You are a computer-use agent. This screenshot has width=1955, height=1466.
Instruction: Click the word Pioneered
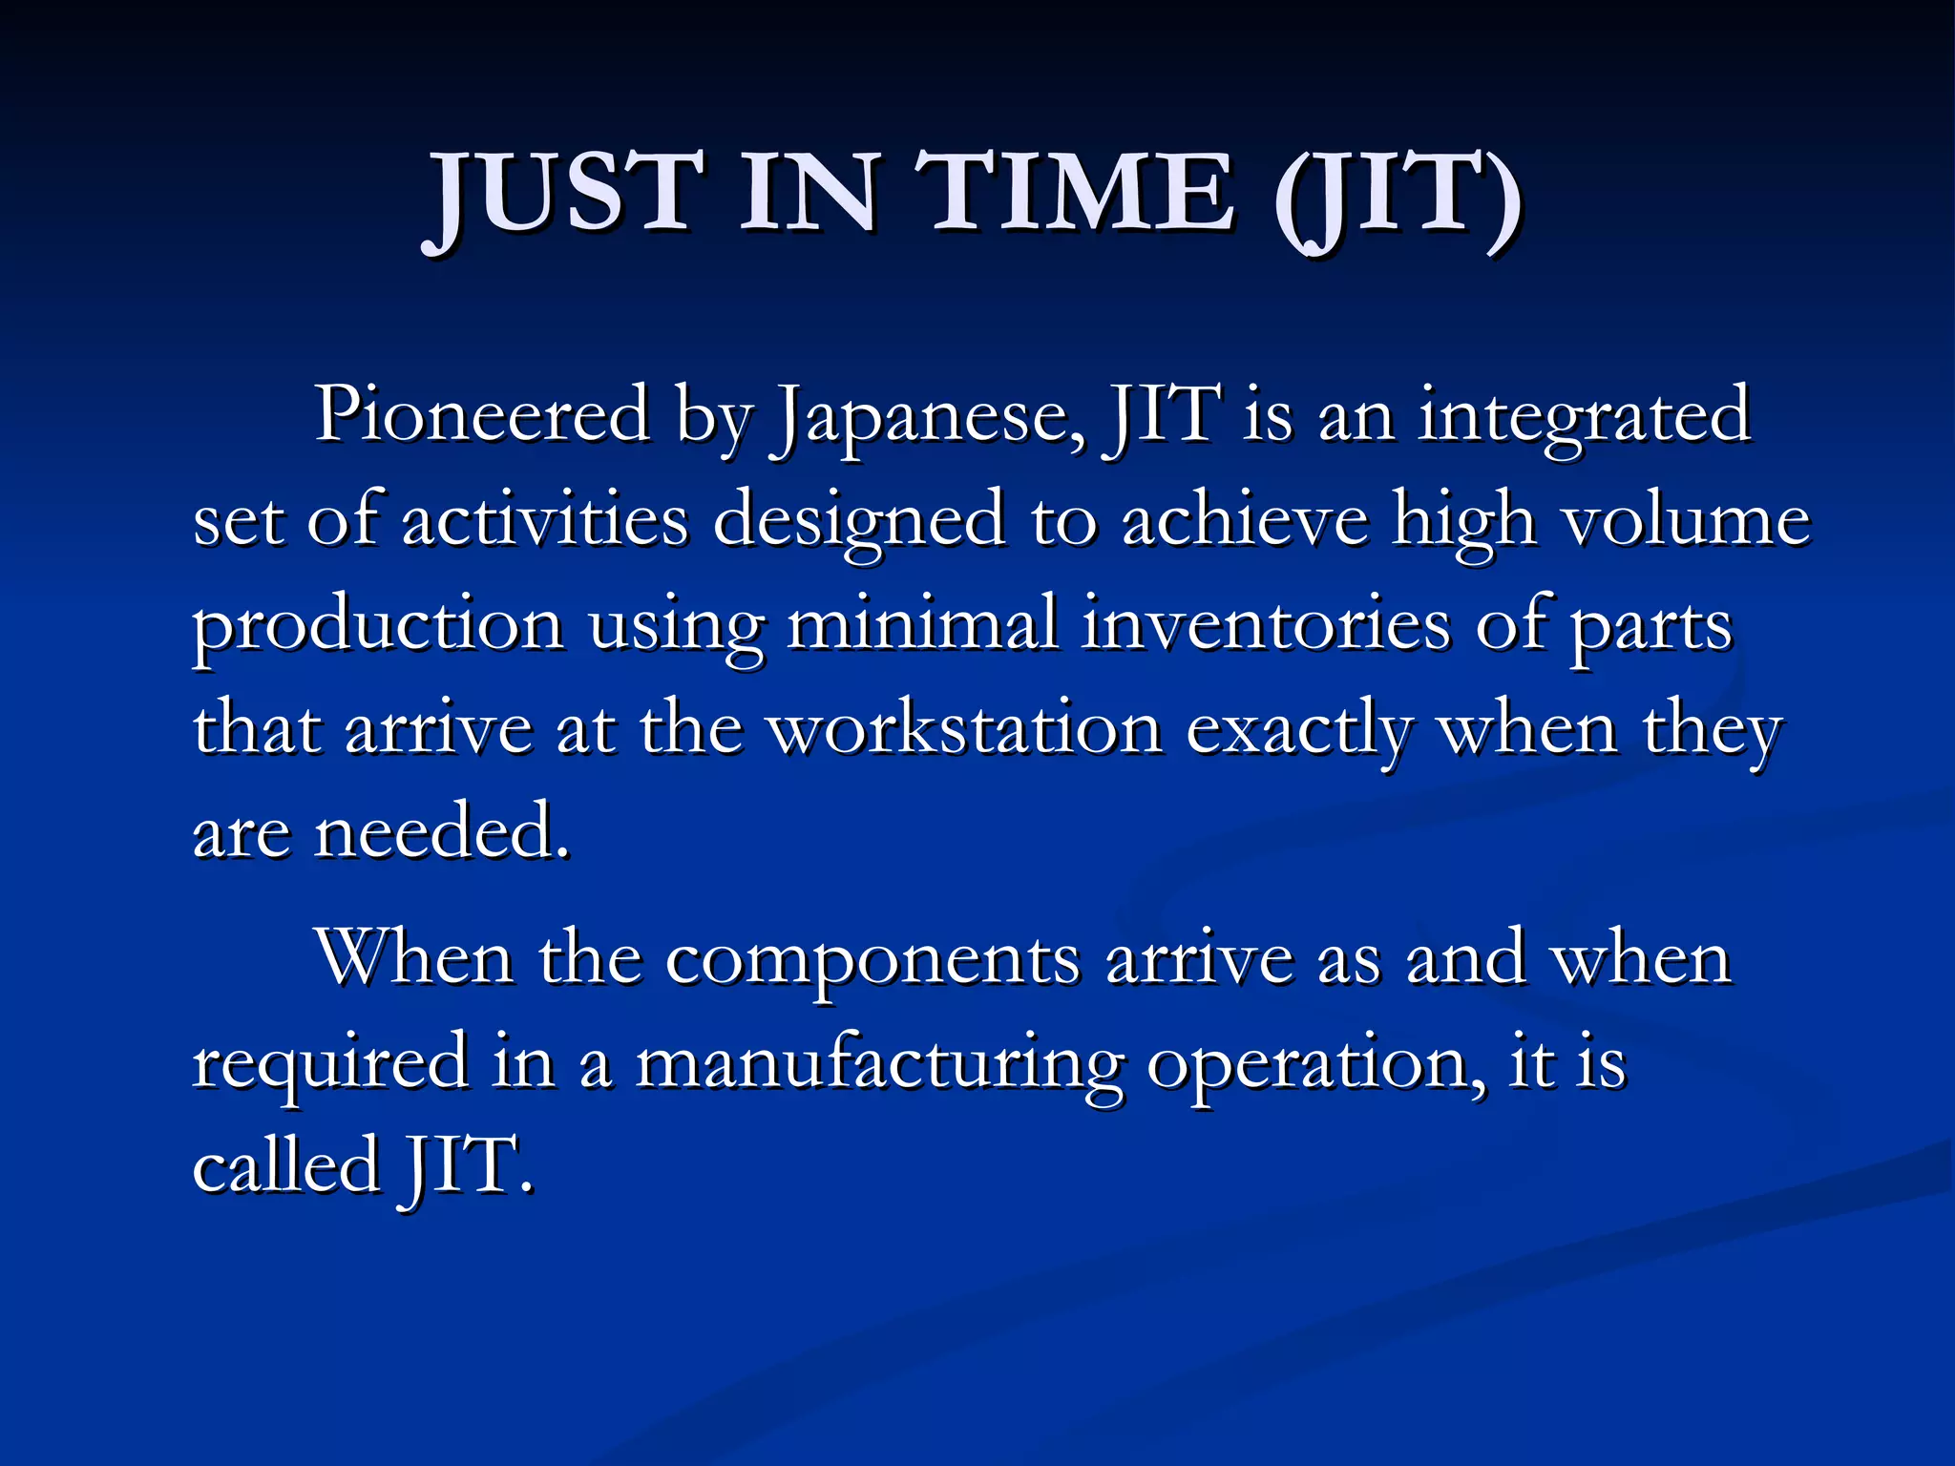[482, 416]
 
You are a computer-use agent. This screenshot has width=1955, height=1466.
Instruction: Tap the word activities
[544, 521]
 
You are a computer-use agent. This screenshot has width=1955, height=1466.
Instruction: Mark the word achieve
[1245, 521]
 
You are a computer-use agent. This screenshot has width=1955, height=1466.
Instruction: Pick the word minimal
[922, 625]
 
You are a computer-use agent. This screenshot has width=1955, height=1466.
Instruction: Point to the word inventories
[1266, 625]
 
